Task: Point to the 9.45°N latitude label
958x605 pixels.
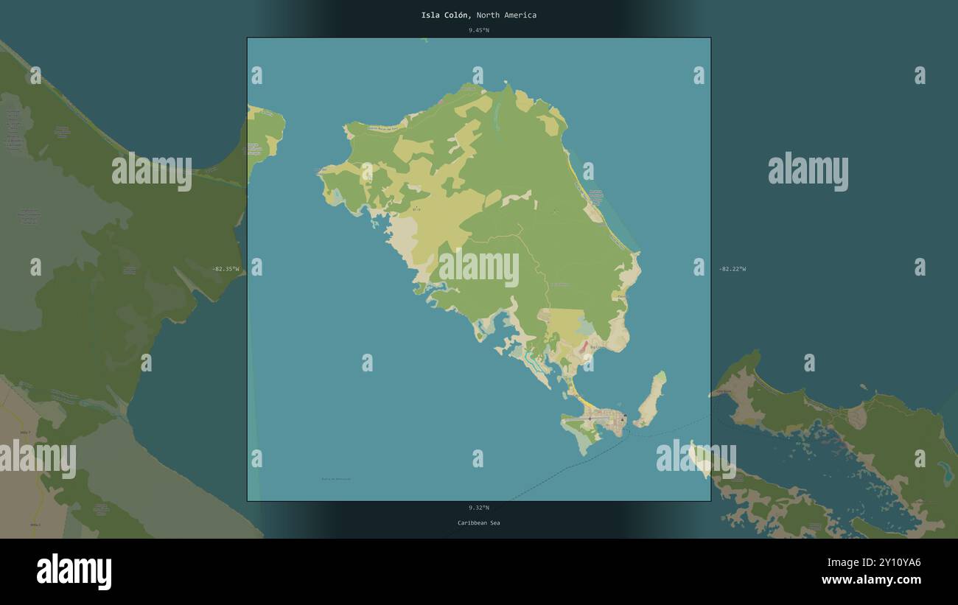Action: click(478, 30)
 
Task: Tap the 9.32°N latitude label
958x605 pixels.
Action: click(478, 508)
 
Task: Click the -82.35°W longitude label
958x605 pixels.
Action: click(225, 269)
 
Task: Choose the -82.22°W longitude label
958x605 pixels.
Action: click(732, 269)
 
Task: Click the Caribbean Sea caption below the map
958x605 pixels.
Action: click(478, 523)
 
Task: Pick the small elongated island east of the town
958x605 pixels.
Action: click(651, 399)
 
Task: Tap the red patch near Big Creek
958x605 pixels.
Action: click(584, 346)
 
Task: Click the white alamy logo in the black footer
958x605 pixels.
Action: click(74, 572)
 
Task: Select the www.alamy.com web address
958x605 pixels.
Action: click(871, 580)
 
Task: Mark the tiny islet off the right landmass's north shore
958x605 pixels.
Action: click(863, 386)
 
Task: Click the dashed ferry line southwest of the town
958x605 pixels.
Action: click(560, 469)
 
